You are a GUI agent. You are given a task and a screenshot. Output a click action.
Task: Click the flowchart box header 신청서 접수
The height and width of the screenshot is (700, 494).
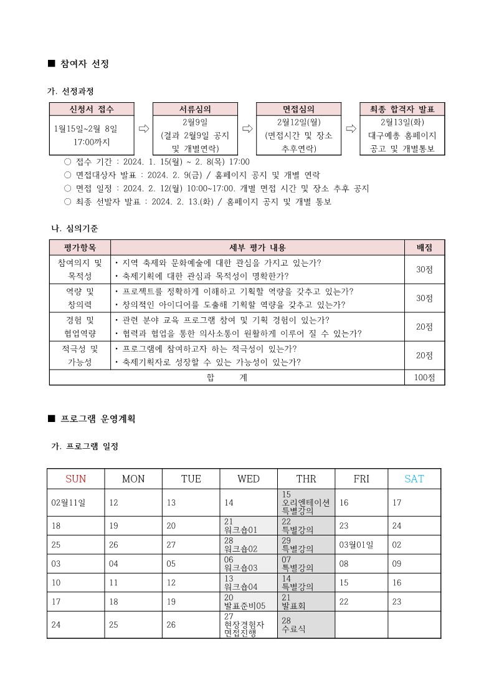coord(92,109)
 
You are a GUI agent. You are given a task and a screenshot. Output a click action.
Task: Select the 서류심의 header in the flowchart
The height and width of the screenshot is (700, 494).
coord(195,109)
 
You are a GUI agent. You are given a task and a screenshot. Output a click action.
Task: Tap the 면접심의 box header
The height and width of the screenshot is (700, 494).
coord(298,109)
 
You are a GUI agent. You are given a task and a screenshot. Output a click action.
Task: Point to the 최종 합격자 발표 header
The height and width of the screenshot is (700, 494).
coord(402,109)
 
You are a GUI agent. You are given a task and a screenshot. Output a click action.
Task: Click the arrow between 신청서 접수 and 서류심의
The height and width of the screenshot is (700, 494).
coord(143,128)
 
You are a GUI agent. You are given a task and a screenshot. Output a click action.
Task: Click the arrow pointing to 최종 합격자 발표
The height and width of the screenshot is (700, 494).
coord(351,128)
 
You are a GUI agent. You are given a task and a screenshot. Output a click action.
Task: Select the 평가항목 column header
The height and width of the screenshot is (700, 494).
coord(80,247)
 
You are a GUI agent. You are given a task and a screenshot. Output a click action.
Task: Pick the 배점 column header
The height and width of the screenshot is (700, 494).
coord(424,247)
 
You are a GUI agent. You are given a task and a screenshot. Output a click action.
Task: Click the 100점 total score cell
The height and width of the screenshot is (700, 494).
coord(424,377)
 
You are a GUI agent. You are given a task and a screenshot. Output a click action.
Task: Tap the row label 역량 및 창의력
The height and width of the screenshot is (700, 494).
coord(80,298)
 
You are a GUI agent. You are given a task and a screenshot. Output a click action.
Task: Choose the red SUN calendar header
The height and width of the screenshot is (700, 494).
coord(75,479)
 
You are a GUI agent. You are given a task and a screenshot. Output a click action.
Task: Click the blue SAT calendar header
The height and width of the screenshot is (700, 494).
coord(414,479)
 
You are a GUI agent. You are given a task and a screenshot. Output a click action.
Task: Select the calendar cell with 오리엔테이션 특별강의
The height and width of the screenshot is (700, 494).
coord(306,502)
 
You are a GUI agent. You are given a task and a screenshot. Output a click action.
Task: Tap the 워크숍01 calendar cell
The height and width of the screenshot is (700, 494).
coord(249,525)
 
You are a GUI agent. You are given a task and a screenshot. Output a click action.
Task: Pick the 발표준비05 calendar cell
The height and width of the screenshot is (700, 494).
coord(249,601)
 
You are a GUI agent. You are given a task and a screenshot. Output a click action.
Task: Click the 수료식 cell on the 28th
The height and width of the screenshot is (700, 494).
coord(306,625)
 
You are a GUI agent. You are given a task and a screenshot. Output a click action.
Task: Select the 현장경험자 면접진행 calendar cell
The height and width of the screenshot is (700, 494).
coord(249,625)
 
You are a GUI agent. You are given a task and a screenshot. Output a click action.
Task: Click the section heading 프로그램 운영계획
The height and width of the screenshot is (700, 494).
coord(98,419)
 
